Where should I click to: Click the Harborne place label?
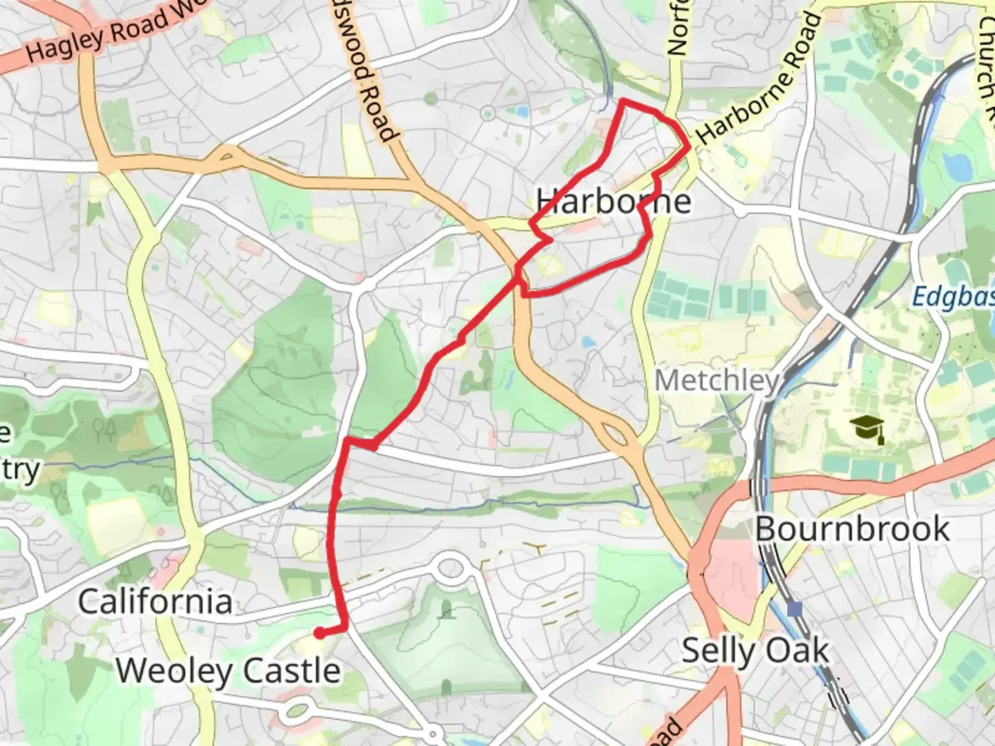[614, 201]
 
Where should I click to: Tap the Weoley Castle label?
[228, 671]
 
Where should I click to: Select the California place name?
[155, 602]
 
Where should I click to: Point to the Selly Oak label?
[755, 651]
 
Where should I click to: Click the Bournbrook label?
[852, 529]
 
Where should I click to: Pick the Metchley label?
[717, 381]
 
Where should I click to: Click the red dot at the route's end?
[319, 632]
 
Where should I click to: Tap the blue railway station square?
[795, 609]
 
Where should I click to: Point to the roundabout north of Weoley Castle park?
[450, 568]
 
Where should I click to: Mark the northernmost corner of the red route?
[623, 102]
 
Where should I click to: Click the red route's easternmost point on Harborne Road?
[688, 146]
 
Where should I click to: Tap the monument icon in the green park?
[446, 609]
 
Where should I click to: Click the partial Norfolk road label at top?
[678, 28]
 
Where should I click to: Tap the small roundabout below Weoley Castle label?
[298, 709]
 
